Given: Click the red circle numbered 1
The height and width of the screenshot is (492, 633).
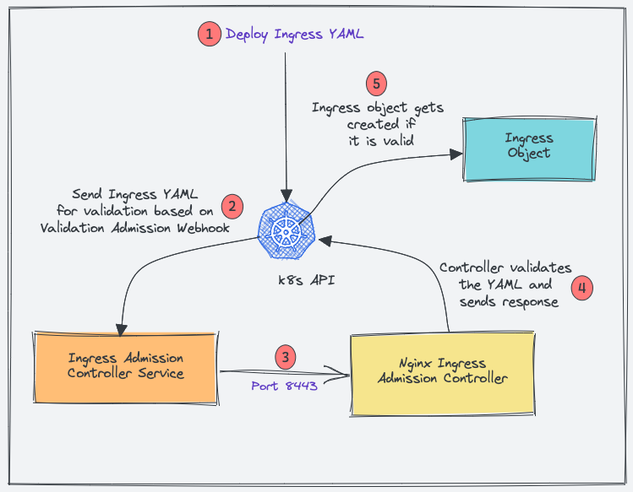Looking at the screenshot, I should tap(207, 34).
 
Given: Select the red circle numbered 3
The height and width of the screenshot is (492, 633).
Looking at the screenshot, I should tap(287, 358).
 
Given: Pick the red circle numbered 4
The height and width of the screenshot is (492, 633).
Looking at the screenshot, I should tap(581, 287).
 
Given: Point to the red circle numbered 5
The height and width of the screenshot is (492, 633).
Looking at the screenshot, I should tap(377, 84).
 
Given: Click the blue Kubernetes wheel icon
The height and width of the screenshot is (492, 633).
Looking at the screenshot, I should tap(287, 230).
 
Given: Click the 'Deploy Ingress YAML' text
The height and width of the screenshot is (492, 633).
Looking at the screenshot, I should tap(294, 35).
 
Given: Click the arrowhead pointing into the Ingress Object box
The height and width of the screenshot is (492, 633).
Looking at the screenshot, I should tap(456, 154).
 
